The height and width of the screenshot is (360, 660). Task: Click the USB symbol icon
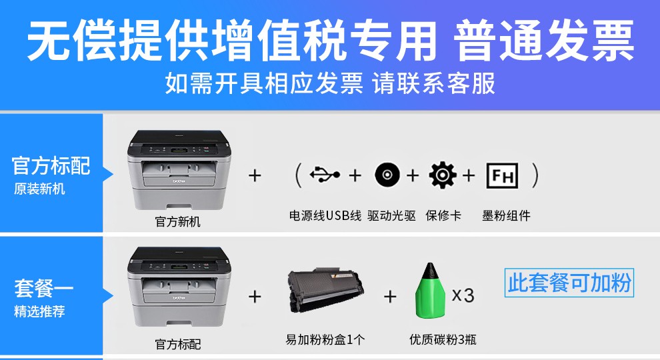pyautogui.click(x=325, y=174)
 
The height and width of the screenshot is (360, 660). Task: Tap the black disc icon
pyautogui.click(x=387, y=175)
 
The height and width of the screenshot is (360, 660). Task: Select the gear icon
pyautogui.click(x=443, y=175)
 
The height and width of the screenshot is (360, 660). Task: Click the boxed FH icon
pyautogui.click(x=502, y=175)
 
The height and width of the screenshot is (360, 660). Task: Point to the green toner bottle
pyautogui.click(x=430, y=291)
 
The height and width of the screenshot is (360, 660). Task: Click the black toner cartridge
pyautogui.click(x=325, y=291)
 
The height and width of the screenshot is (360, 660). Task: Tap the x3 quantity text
pyautogui.click(x=463, y=295)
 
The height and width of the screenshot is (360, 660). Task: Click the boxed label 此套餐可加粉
pyautogui.click(x=569, y=283)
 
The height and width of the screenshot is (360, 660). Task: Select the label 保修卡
pyautogui.click(x=443, y=215)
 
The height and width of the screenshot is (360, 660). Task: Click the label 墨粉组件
pyautogui.click(x=506, y=215)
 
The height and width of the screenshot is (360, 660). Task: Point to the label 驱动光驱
pyautogui.click(x=391, y=215)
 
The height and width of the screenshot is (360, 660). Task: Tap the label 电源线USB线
pyautogui.click(x=325, y=215)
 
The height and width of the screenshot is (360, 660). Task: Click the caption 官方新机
pyautogui.click(x=177, y=221)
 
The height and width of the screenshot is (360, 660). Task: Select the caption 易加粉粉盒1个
pyautogui.click(x=325, y=339)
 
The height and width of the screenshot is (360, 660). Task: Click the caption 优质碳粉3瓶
pyautogui.click(x=443, y=339)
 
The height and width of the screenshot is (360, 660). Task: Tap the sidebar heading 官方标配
pyautogui.click(x=51, y=165)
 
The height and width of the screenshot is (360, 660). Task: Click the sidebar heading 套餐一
pyautogui.click(x=44, y=289)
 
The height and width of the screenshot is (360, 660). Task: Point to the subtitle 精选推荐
pyautogui.click(x=39, y=311)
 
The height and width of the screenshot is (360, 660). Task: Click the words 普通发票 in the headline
pyautogui.click(x=543, y=41)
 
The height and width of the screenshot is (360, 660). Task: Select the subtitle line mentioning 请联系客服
pyautogui.click(x=330, y=83)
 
